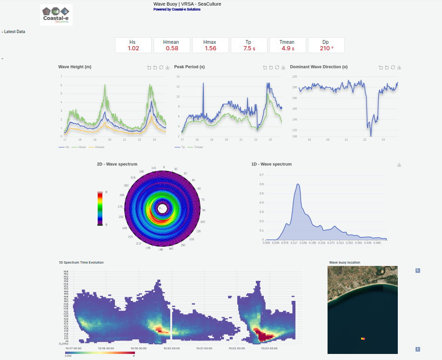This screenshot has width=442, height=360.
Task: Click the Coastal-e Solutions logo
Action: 56,15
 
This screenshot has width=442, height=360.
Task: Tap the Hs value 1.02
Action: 134,48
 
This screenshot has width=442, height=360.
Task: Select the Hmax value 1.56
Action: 210,48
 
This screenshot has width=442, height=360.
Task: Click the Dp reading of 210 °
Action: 326,48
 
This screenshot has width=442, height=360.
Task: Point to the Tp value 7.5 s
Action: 249,48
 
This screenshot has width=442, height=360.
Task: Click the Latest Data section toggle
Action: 13,32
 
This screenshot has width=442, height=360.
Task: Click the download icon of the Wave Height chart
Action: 167,68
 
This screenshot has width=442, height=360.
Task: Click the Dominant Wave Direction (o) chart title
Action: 319,67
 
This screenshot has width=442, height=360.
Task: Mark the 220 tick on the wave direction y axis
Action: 294,76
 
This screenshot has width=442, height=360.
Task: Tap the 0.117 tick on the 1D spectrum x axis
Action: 294,243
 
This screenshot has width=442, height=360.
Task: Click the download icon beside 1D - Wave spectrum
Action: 399,165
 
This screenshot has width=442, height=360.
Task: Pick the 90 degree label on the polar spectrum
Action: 204,210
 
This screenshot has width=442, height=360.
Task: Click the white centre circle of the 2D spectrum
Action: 162,208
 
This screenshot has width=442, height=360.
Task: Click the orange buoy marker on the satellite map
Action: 363,339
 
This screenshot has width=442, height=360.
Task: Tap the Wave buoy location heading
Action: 345,263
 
